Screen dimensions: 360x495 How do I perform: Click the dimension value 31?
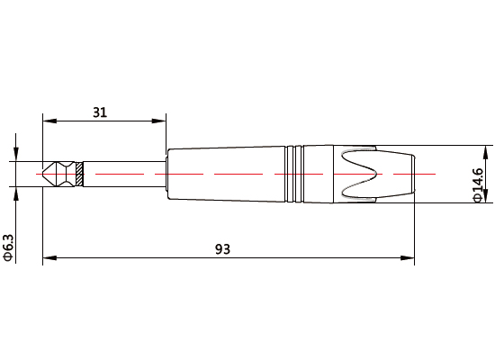tap(100, 112)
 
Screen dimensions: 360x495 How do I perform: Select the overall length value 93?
tap(222, 248)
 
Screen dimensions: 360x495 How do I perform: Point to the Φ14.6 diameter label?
tap(479, 184)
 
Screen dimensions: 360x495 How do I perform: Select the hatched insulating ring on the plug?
tap(80, 174)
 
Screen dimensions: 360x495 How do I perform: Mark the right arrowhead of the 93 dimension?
tap(409, 258)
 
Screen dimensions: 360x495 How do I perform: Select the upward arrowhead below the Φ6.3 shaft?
tap(15, 192)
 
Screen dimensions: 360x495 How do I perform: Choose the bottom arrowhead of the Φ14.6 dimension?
tap(487, 199)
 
